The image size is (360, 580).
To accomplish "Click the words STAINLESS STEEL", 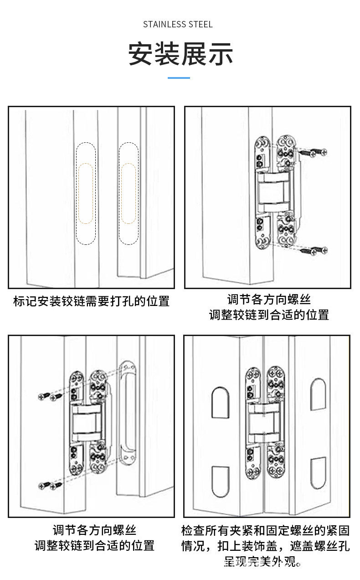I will (x=178, y=24).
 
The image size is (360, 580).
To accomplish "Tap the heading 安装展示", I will (x=180, y=54).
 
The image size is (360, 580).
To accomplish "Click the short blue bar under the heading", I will (x=179, y=78).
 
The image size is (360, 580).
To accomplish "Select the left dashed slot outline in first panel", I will (x=86, y=193).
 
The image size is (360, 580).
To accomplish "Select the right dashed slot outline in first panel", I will (x=128, y=193).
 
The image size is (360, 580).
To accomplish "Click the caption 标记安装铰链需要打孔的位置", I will (x=91, y=301).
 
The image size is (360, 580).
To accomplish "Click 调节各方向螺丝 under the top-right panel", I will (x=269, y=300).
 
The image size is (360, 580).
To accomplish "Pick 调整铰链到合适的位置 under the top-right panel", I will (x=269, y=315).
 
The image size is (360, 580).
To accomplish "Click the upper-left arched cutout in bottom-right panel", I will (x=220, y=403).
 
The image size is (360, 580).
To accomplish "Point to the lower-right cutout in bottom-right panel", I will (x=318, y=473).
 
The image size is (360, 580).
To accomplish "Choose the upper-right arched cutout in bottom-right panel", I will (x=318, y=394).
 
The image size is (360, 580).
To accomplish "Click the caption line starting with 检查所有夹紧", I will (x=266, y=530).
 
